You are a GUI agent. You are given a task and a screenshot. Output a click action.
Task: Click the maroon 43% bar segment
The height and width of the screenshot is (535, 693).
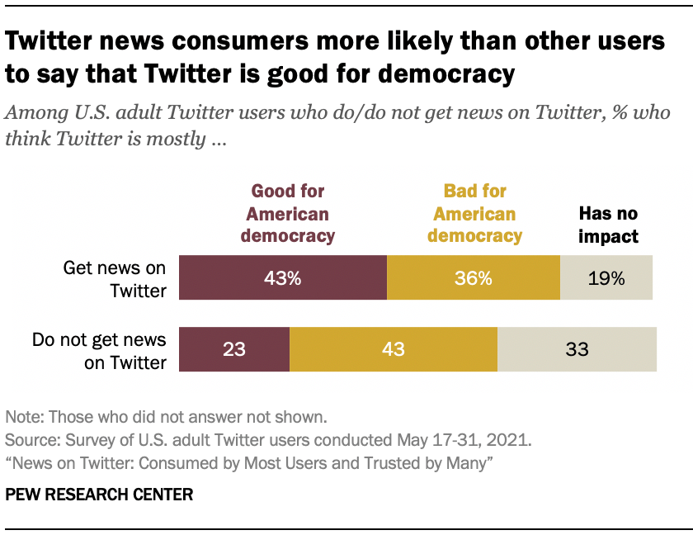[x=282, y=278]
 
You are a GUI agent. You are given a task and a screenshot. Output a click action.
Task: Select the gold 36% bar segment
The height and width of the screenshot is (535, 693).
[x=473, y=278]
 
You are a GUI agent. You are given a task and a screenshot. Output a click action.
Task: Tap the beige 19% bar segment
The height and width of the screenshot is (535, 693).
[x=606, y=278]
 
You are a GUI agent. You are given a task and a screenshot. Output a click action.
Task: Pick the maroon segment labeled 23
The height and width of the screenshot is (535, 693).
[x=234, y=349]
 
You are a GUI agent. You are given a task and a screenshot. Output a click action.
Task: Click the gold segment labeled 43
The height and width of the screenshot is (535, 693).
[x=393, y=349]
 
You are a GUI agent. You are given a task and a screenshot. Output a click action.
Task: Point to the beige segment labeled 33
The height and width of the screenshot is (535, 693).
[x=577, y=349]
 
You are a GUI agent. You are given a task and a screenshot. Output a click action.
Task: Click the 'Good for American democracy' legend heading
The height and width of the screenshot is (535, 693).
[x=288, y=214]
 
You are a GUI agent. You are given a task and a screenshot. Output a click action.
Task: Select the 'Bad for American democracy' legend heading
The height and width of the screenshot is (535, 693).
[x=474, y=214]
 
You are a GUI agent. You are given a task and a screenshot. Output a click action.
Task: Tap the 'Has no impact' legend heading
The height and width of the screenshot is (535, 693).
[x=608, y=225]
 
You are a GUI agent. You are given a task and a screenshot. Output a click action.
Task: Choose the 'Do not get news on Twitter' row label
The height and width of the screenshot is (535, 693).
[x=98, y=350]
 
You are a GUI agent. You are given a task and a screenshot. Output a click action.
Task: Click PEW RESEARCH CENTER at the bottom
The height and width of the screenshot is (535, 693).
[x=99, y=495]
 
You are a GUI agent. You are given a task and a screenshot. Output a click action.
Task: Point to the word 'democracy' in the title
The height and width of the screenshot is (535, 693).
[x=448, y=74]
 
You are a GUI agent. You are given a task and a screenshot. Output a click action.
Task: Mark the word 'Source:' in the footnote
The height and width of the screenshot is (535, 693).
[x=29, y=438]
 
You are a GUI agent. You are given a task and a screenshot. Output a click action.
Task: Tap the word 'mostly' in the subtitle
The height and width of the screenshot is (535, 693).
[x=177, y=138]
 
